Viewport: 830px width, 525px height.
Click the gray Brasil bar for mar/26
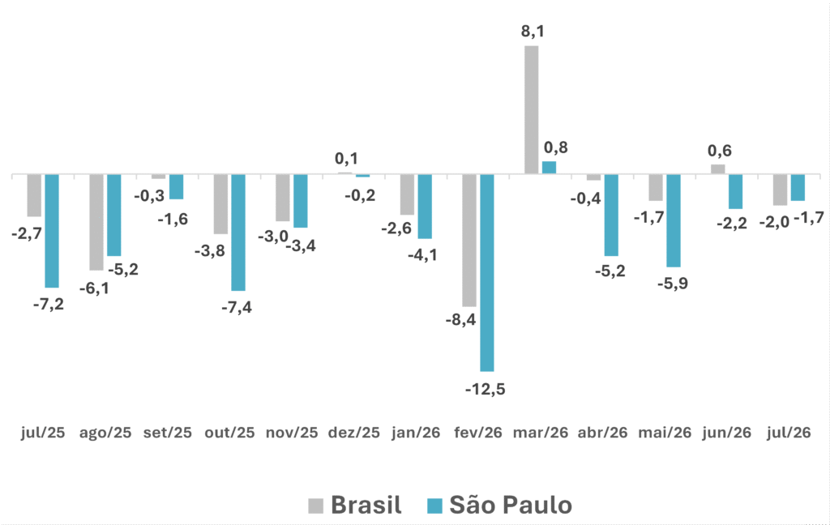(532, 109)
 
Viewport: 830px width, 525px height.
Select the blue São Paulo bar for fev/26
(487, 272)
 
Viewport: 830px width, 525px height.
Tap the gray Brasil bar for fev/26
(469, 241)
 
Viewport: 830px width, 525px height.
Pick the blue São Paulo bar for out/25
(238, 233)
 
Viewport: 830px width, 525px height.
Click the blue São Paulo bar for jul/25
(52, 231)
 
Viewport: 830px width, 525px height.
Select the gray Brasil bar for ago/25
(96, 222)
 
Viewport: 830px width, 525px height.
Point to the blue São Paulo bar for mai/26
(674, 220)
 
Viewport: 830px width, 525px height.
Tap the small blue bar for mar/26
(550, 168)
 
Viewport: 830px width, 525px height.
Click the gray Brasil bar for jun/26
(718, 169)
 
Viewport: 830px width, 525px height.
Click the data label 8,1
(533, 32)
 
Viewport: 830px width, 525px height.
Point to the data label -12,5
(486, 390)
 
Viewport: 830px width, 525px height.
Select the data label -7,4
(237, 308)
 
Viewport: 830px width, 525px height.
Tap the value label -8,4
(460, 320)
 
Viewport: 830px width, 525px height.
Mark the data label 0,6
(720, 151)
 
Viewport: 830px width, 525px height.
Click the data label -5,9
(673, 284)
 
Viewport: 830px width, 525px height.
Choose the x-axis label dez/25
(354, 433)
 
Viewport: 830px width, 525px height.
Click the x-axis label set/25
(167, 433)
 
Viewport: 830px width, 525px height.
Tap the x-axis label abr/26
(602, 433)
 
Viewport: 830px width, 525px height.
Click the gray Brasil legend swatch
(315, 506)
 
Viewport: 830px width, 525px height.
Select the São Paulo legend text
(511, 505)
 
